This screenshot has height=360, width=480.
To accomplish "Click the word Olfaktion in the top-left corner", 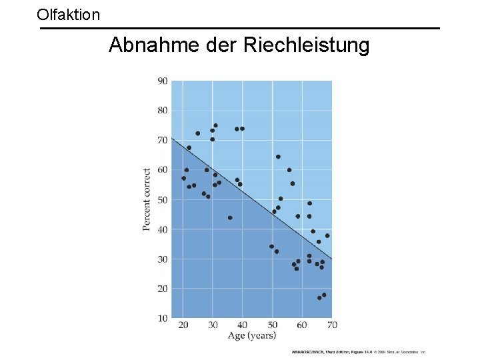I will (x=69, y=13).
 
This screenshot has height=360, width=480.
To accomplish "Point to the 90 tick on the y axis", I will (x=162, y=81).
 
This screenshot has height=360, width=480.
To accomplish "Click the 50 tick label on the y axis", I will (x=162, y=200).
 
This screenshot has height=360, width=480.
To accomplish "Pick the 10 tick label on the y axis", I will (x=162, y=318).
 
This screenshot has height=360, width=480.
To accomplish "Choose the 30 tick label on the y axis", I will (x=162, y=259).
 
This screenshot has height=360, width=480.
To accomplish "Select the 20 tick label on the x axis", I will (x=183, y=325).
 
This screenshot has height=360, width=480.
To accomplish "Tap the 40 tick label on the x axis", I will (x=243, y=325).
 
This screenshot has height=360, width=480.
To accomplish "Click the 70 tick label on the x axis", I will (x=331, y=325).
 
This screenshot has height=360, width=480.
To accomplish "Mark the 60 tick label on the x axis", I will (x=302, y=325).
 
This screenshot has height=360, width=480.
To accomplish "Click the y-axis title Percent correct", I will (x=147, y=200).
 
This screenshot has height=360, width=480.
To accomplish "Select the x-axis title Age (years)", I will (x=251, y=336).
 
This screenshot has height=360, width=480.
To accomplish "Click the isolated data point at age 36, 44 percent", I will (x=230, y=218).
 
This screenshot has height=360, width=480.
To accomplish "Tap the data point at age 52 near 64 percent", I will (x=278, y=157).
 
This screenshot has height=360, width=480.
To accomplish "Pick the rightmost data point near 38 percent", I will (x=327, y=236).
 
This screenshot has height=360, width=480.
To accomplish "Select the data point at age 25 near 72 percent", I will (x=198, y=133).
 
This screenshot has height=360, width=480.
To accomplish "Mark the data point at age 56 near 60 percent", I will (x=289, y=170).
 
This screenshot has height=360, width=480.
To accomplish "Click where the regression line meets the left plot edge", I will (x=172, y=138).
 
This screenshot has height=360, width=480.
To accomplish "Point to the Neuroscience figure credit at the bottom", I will (x=358, y=351).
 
